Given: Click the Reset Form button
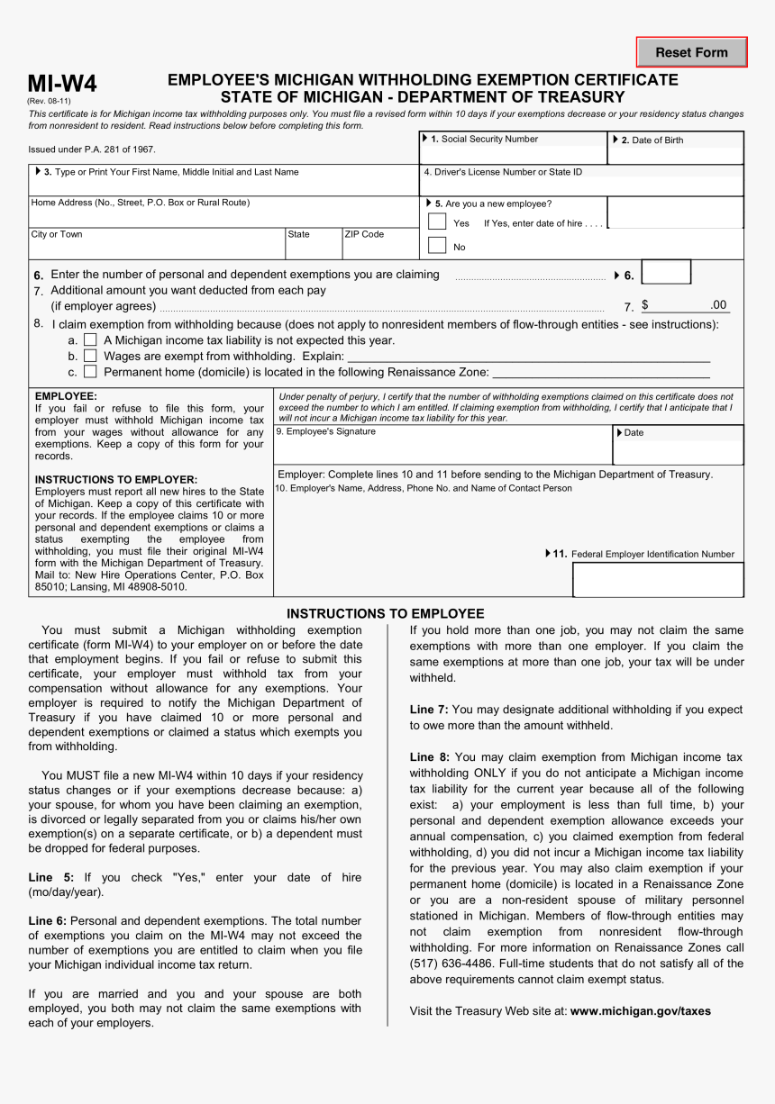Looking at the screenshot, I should pos(691,52).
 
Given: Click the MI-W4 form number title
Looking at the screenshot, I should pos(62,84).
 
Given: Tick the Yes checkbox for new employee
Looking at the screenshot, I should pos(437,222).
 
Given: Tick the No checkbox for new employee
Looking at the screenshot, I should pos(437,245).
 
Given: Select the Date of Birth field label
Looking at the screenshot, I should pos(657,140).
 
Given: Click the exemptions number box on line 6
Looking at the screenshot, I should pos(666,273).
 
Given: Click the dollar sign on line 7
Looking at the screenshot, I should pos(645,306).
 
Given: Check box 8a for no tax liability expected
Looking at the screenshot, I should pos(90,340).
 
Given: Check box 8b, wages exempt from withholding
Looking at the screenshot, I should pos(90,356).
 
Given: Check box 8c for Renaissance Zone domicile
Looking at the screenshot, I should pos(90,371).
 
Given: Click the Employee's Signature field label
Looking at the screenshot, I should pos(325,431).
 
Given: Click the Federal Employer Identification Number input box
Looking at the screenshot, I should pos(658,579).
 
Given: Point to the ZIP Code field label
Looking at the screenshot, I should pos(364,234).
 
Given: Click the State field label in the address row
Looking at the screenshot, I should pos(298,234).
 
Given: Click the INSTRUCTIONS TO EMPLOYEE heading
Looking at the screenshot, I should pos(385,613).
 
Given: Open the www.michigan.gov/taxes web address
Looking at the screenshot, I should pos(640,1011).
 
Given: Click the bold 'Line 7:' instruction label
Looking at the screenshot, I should pos(429,710).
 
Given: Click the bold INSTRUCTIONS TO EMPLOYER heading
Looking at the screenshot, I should pos(115,480).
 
